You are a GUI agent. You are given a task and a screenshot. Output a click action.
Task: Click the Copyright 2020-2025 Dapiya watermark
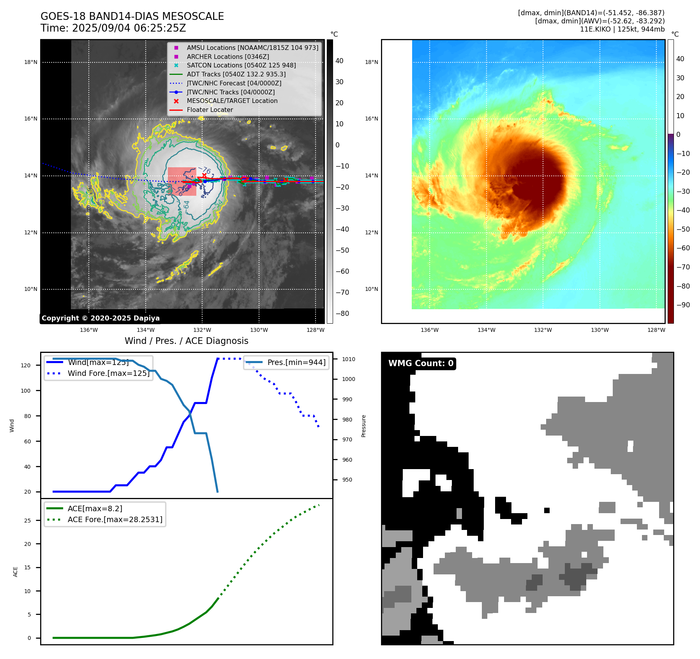[101, 318]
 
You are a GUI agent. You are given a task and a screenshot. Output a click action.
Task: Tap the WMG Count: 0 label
[421, 363]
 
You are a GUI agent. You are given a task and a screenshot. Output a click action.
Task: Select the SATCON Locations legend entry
[241, 66]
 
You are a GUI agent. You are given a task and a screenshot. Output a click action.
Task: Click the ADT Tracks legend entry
[236, 74]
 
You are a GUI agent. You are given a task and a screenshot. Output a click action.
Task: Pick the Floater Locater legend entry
[210, 110]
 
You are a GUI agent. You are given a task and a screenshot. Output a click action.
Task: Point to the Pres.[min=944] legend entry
[296, 362]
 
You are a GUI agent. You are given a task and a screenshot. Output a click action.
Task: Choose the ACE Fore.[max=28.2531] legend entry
[115, 519]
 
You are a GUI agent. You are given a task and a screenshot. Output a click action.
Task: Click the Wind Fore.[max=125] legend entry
[108, 373]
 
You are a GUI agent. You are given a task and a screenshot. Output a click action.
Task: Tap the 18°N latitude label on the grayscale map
[31, 62]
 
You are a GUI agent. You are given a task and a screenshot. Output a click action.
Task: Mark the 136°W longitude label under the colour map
[430, 330]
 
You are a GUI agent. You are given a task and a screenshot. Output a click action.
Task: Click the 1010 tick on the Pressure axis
[349, 359]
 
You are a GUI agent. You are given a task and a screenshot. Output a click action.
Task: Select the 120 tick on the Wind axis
[26, 365]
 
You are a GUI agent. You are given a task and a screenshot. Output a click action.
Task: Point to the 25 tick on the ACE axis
[27, 521]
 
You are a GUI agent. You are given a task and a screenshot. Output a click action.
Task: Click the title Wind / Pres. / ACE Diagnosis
[186, 341]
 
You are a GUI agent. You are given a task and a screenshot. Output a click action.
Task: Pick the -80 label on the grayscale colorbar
[342, 314]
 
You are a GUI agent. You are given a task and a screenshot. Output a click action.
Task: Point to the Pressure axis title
[364, 426]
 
